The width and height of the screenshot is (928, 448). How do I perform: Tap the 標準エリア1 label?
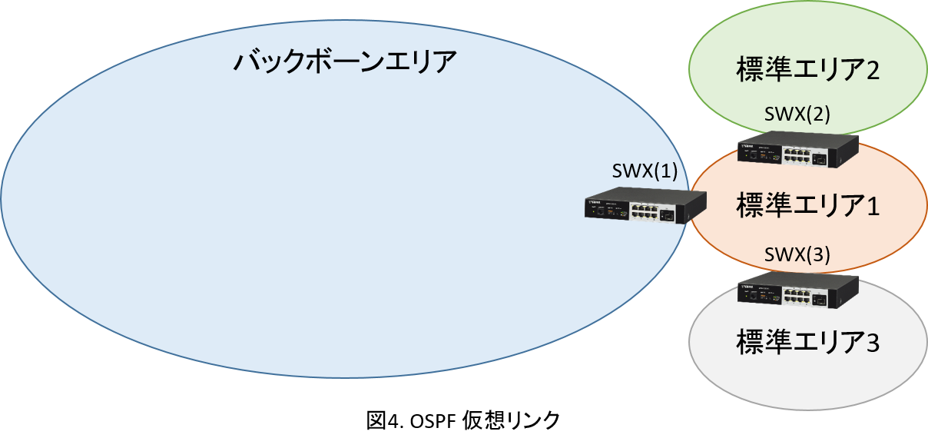[807, 206]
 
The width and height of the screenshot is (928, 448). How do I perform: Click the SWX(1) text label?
[645, 171]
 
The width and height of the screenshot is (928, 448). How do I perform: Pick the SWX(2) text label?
[797, 115]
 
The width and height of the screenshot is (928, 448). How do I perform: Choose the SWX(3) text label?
[797, 255]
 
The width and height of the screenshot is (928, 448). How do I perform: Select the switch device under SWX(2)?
[798, 149]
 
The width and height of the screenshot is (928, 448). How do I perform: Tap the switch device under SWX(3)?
[798, 290]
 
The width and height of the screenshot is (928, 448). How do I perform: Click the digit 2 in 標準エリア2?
[871, 71]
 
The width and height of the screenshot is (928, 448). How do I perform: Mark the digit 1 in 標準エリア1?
[871, 207]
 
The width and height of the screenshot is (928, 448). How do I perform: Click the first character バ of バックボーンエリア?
[247, 61]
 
